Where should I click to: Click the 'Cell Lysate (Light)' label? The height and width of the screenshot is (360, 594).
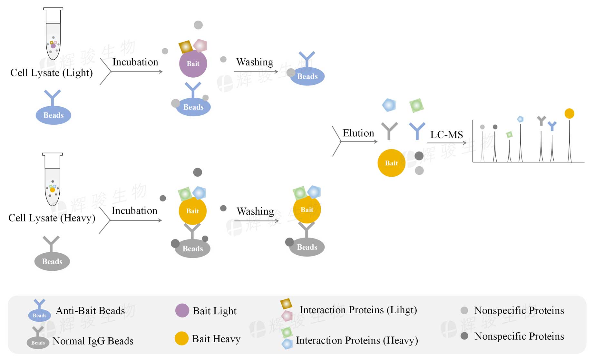pos(52,73)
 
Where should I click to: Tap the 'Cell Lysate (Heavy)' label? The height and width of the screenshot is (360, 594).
pos(52,218)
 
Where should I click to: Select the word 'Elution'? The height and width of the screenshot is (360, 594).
pos(358,133)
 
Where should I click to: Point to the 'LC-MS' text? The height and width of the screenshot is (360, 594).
pos(446,135)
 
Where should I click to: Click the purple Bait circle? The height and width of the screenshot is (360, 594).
pos(193,63)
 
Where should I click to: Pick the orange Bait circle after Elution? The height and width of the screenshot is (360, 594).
pos(391,163)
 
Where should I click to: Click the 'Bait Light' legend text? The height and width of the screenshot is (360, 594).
pos(214,311)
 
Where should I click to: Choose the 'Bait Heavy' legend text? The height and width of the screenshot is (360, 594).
pos(216,339)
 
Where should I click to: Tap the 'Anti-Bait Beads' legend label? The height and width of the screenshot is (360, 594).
pos(90,311)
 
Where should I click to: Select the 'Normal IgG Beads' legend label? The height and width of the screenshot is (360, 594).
pos(93,341)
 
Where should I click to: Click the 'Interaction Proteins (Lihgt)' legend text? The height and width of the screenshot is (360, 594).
pos(358,310)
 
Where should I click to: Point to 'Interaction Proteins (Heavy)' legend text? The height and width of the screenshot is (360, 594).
pos(357,341)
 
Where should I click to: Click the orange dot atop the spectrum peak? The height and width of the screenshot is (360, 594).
pos(569,113)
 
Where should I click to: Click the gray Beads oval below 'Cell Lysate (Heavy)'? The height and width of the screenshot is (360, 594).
pos(52,261)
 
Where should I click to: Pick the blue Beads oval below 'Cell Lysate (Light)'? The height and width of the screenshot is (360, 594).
pos(53,115)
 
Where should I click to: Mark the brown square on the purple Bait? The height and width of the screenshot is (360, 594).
pos(185,47)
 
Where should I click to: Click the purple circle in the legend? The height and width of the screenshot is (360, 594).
pos(182,310)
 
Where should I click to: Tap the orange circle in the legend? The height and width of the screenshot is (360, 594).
pos(181,338)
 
